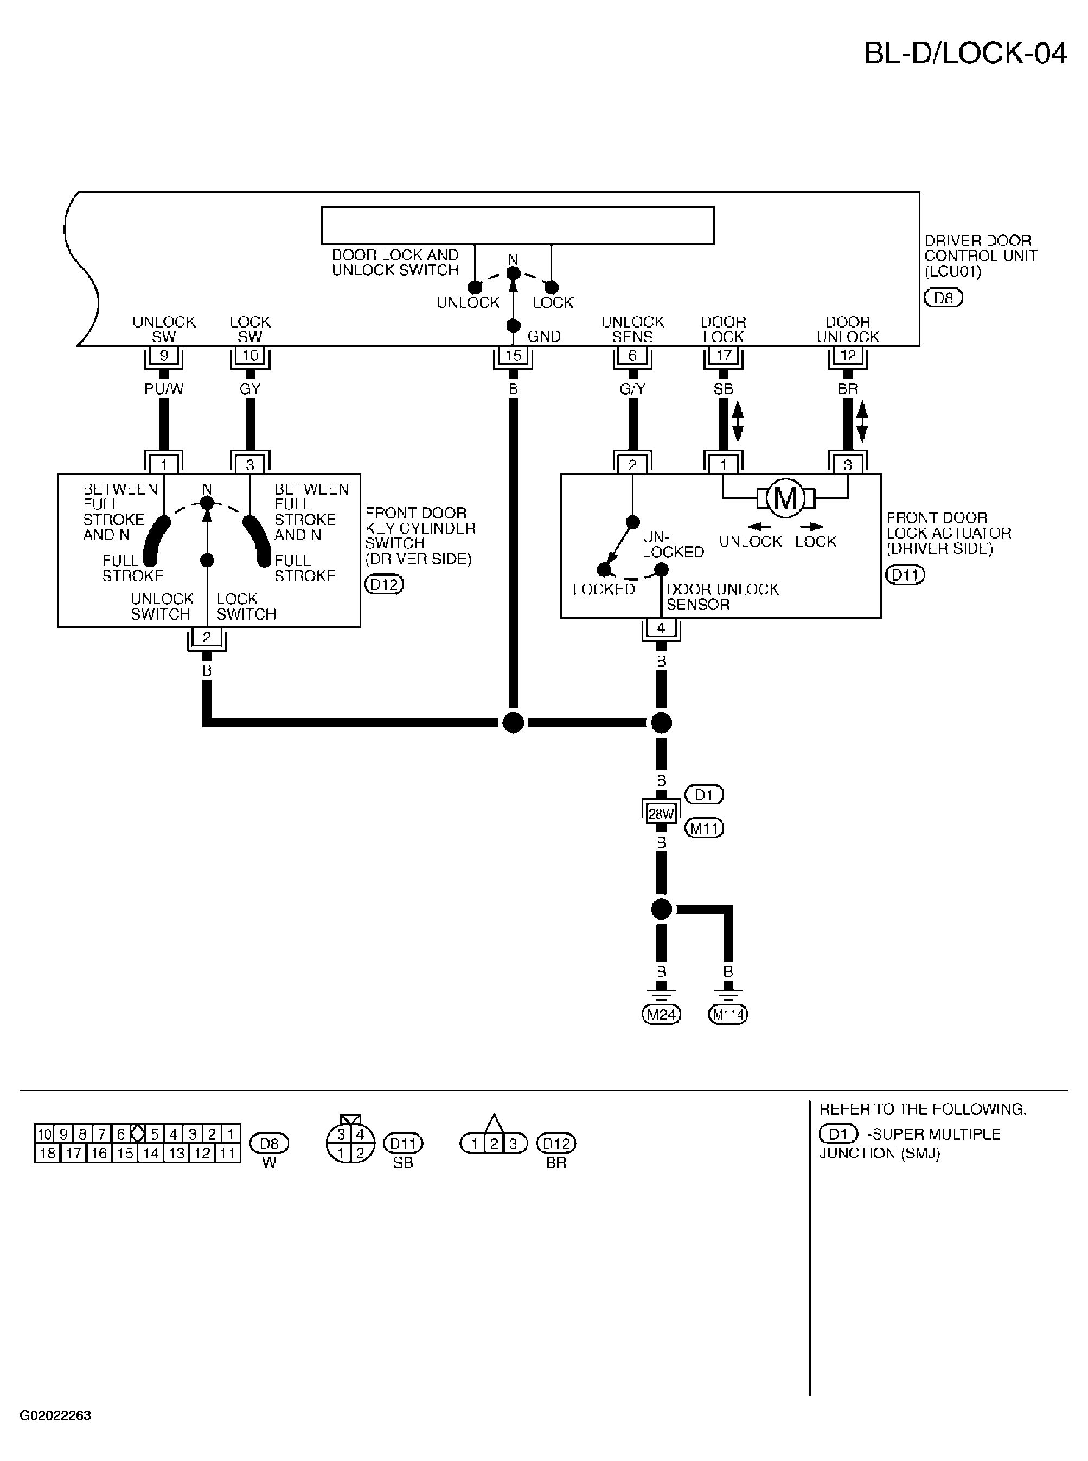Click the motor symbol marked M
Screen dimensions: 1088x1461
point(785,498)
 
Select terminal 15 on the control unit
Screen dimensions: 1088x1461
point(513,356)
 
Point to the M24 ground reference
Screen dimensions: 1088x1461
point(661,1015)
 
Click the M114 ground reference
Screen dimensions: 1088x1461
point(728,1015)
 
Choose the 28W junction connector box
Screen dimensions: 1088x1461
point(661,815)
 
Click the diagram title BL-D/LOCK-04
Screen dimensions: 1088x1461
point(965,53)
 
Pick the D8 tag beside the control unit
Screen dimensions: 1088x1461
point(943,298)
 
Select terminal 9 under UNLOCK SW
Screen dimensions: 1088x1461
point(164,356)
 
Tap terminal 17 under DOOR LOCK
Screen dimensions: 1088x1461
point(724,356)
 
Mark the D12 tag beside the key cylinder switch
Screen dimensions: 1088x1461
point(384,584)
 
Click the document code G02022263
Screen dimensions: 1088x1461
point(55,1415)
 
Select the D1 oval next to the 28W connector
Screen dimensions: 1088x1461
point(704,794)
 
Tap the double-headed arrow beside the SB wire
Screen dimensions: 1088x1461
point(738,421)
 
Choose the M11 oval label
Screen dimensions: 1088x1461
point(704,828)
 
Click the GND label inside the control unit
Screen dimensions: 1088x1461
point(544,336)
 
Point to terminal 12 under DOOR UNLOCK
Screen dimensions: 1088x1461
point(848,356)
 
